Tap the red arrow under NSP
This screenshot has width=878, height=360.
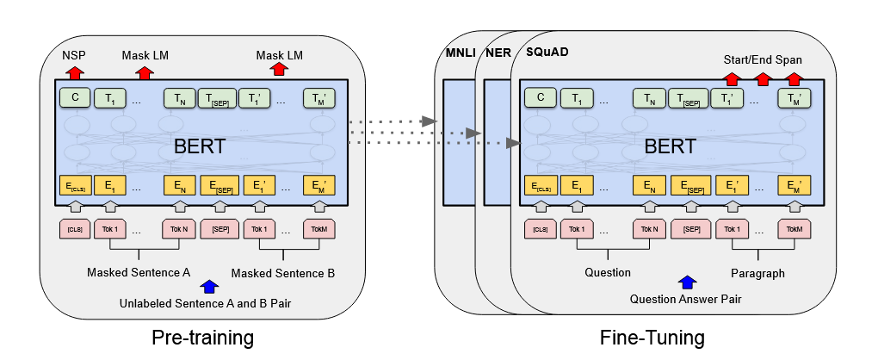coord(74,72)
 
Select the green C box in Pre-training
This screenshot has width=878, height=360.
coord(75,98)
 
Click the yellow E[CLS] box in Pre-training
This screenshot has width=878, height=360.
coord(75,185)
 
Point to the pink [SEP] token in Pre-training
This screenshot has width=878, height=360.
coord(219,229)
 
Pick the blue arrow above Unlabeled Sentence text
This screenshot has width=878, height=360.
coord(210,286)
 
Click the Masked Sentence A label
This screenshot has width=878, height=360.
coord(139,273)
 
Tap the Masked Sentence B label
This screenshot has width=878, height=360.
coord(283,274)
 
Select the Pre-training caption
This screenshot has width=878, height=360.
coord(202,338)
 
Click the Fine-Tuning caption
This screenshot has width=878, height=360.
coord(652,338)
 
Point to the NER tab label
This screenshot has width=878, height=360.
coord(498,53)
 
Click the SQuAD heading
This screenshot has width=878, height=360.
coord(547,52)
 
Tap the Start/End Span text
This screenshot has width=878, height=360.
coord(762,59)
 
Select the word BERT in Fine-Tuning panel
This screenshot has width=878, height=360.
coord(671,146)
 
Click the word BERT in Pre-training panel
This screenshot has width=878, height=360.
coord(200,146)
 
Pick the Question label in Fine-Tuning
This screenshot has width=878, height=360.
coord(608,273)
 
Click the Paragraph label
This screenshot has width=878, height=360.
coord(757,273)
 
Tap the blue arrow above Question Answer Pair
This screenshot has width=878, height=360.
coord(687,282)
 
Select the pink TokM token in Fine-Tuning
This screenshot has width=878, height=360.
coord(794,229)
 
